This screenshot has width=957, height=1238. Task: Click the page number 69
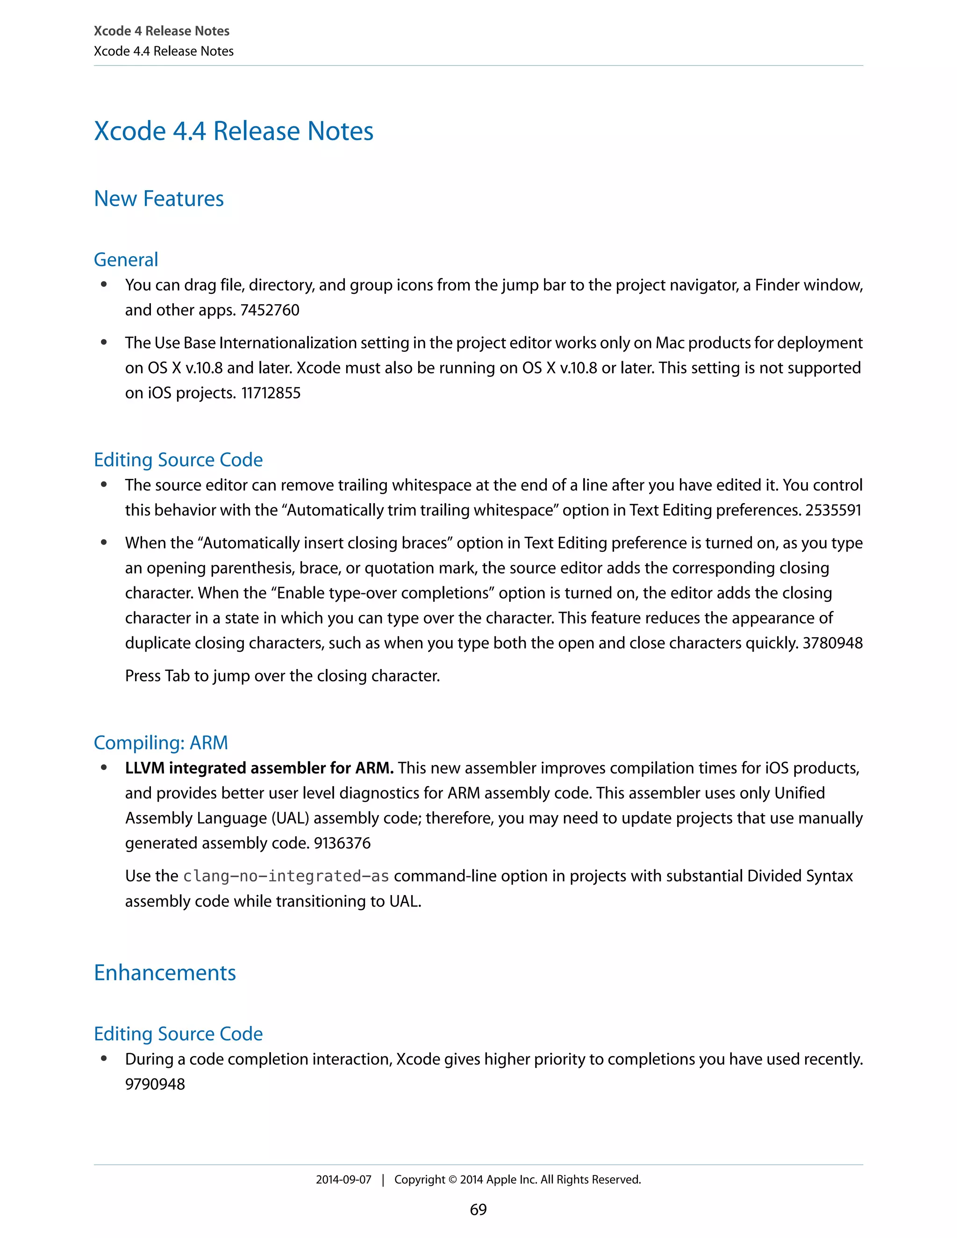point(478,1209)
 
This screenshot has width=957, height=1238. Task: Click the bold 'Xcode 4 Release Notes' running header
point(162,31)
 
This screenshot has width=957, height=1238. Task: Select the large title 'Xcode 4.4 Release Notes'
point(234,131)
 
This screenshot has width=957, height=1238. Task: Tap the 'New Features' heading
point(159,199)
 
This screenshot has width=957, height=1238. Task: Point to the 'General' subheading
point(126,260)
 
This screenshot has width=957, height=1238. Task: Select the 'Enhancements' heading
point(164,973)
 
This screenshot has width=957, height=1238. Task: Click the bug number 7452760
point(270,310)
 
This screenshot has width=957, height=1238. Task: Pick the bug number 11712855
point(271,393)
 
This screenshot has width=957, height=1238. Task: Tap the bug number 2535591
point(833,510)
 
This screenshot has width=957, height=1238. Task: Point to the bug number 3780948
point(832,643)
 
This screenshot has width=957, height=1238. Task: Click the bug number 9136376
point(342,843)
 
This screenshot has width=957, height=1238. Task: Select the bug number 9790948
point(155,1084)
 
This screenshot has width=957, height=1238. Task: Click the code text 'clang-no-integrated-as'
point(286,876)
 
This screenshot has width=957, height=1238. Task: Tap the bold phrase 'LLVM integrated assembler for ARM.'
point(259,768)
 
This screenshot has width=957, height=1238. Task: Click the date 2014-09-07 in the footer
point(343,1180)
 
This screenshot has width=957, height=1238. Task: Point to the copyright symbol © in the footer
point(452,1180)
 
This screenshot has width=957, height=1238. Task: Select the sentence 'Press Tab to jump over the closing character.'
point(282,676)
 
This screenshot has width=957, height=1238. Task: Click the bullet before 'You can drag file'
point(104,285)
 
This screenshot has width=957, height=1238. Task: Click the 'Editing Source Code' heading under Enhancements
point(178,1034)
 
